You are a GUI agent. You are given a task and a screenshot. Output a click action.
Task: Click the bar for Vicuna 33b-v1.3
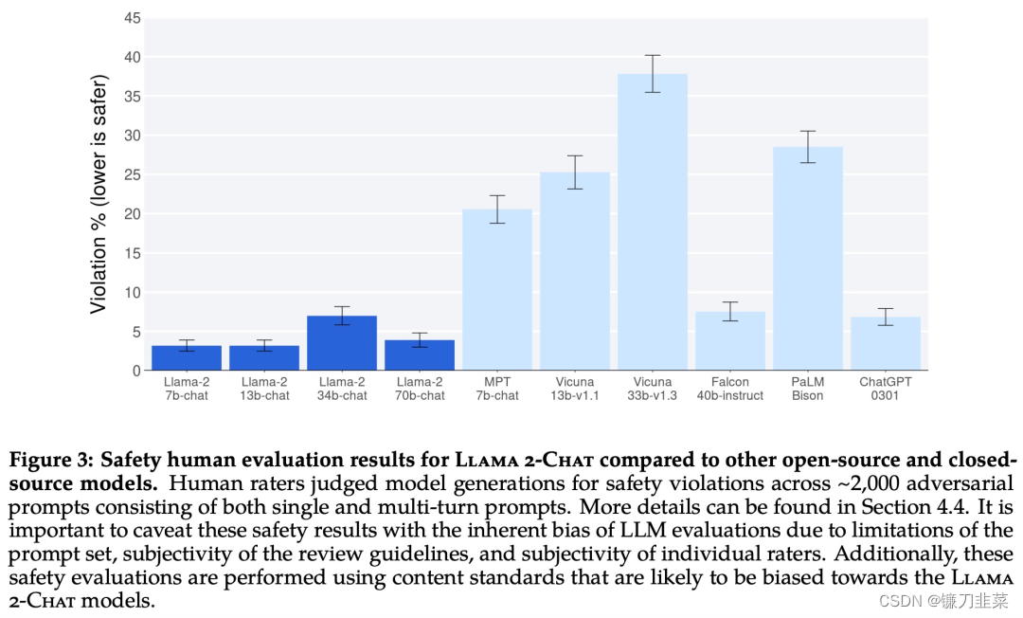click(x=653, y=222)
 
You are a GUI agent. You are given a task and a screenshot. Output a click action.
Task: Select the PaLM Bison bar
click(x=808, y=258)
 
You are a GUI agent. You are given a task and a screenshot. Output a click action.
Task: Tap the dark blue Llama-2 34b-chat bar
click(x=342, y=343)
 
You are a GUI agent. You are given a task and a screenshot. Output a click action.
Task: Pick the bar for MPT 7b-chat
click(x=497, y=289)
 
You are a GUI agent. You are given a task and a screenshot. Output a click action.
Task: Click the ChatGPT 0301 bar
click(x=886, y=344)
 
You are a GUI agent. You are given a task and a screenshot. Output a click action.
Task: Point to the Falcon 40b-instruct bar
click(x=730, y=341)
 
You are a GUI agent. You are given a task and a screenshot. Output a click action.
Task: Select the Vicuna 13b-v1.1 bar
click(x=575, y=271)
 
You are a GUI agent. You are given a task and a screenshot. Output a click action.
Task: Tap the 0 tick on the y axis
click(x=135, y=371)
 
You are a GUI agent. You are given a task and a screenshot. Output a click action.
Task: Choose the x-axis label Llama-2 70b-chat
click(x=420, y=389)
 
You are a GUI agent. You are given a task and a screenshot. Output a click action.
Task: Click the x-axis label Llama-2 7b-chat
click(x=187, y=389)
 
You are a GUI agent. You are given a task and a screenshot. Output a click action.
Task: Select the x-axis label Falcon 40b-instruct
click(x=730, y=389)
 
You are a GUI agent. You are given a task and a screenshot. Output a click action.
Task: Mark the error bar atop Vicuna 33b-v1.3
click(x=653, y=74)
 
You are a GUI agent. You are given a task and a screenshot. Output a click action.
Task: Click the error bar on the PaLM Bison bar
click(x=808, y=147)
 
